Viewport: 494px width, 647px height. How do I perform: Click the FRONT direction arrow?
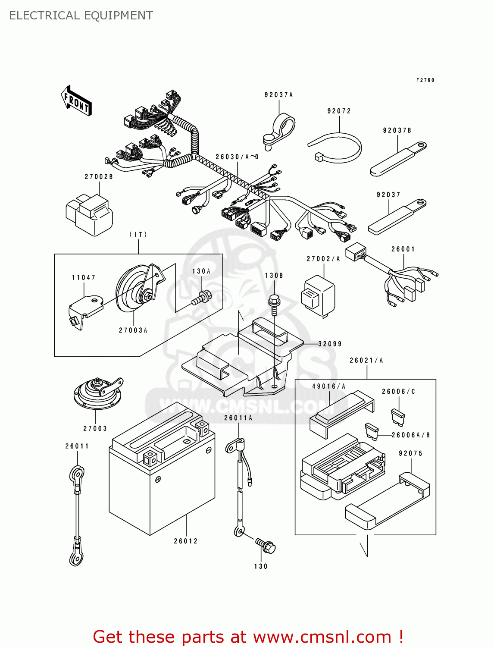coord(76,101)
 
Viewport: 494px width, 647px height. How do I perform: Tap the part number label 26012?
coord(186,541)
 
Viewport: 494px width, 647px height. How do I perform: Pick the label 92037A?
coord(278,95)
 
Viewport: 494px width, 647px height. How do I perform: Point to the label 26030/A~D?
coord(237,157)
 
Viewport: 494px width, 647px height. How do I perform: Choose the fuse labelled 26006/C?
coord(398,416)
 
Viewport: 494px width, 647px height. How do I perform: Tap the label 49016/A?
coord(329,386)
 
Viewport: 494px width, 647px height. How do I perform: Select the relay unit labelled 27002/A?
coord(318,295)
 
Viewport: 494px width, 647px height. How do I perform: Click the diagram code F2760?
coord(425,80)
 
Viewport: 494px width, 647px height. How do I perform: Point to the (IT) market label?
coord(138,235)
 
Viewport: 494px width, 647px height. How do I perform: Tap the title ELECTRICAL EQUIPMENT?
coord(81,16)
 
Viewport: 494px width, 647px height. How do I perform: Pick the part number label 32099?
coord(330,344)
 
